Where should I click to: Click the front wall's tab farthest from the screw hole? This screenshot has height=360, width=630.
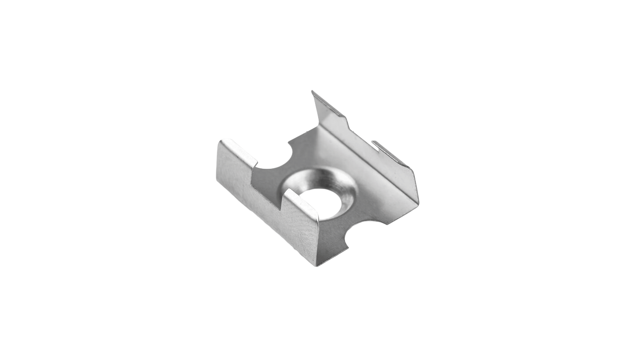[x=237, y=153]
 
